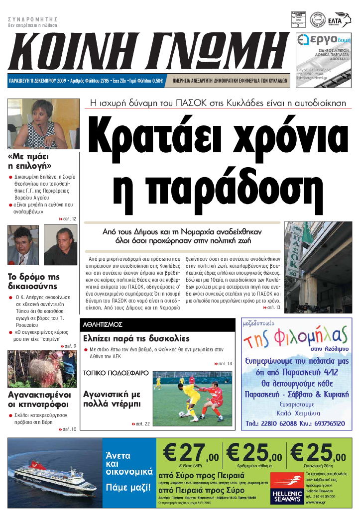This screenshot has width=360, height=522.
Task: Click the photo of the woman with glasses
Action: click(44, 123)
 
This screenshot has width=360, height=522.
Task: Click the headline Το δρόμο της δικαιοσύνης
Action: click(33, 282)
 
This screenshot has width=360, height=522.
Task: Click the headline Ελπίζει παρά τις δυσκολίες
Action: click(136, 338)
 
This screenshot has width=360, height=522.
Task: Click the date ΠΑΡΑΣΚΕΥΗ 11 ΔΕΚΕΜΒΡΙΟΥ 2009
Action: click(38, 80)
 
